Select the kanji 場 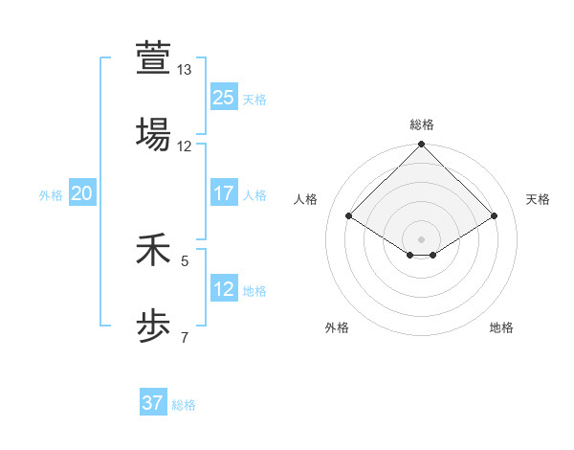pyautogui.click(x=153, y=135)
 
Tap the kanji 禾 pyautogui.click(x=153, y=253)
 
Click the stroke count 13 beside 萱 pyautogui.click(x=185, y=70)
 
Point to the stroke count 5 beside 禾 pyautogui.click(x=185, y=259)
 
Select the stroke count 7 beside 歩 pyautogui.click(x=185, y=336)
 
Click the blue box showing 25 pyautogui.click(x=223, y=97)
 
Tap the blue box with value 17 pyautogui.click(x=223, y=193)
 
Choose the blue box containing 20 pyautogui.click(x=81, y=193)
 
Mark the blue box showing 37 pyautogui.click(x=153, y=403)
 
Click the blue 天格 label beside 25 pyautogui.click(x=254, y=100)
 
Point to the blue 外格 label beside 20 pyautogui.click(x=51, y=195)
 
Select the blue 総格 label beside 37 pyautogui.click(x=184, y=405)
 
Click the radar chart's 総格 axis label pyautogui.click(x=422, y=124)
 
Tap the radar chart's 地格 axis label pyautogui.click(x=501, y=327)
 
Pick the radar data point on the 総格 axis pyautogui.click(x=422, y=146)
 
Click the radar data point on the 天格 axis pyautogui.click(x=495, y=216)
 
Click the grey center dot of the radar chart pyautogui.click(x=422, y=238)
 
